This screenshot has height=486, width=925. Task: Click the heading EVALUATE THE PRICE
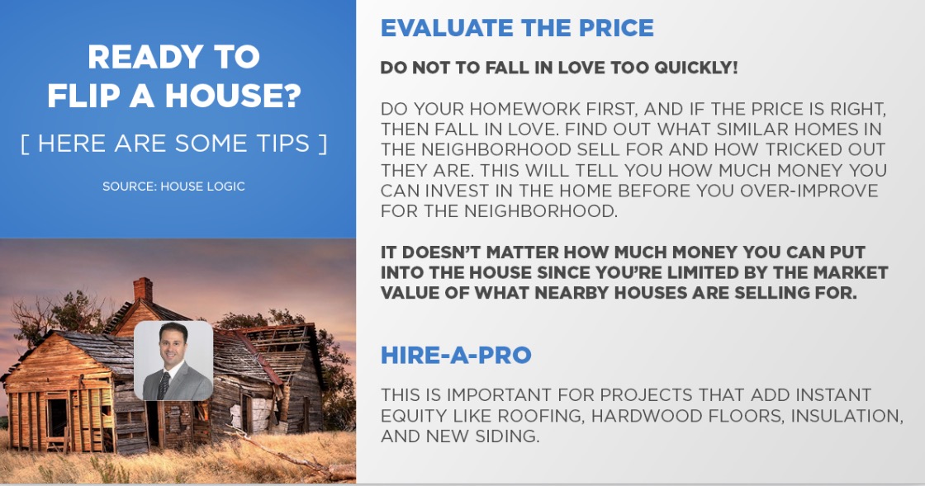click(x=517, y=28)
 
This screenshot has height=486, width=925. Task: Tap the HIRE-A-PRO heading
click(x=456, y=356)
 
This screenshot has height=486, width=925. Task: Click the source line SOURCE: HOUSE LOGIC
click(x=173, y=186)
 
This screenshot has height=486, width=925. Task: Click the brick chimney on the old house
click(x=143, y=290)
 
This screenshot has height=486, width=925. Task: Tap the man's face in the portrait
click(x=173, y=345)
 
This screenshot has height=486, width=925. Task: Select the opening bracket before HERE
click(x=25, y=144)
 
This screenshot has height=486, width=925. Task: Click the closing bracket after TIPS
click(x=323, y=144)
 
